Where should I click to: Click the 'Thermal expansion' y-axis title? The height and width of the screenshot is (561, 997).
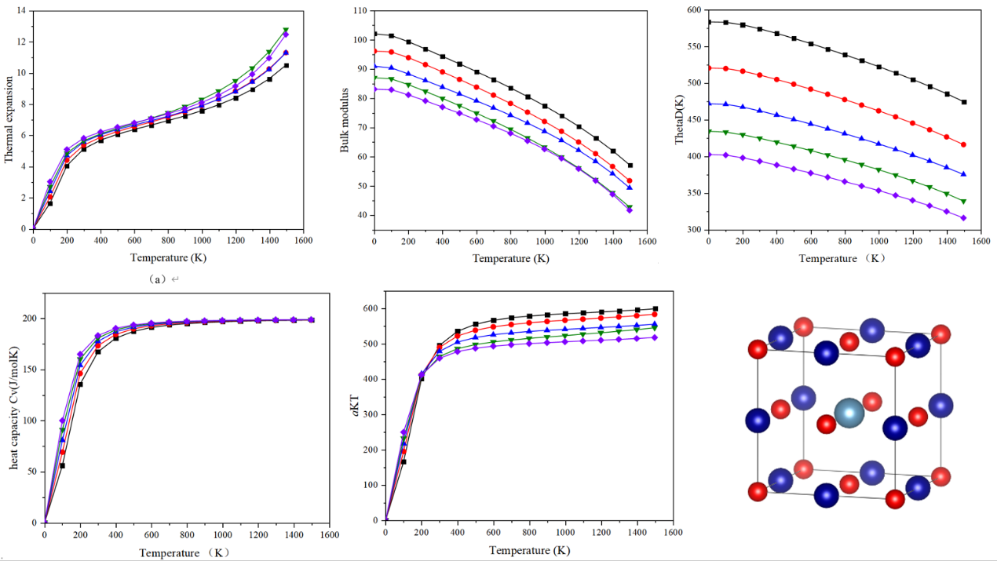click(x=9, y=119)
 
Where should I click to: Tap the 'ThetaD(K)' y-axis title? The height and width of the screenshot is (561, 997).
click(x=681, y=120)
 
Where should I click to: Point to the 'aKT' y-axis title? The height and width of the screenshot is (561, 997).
click(x=355, y=413)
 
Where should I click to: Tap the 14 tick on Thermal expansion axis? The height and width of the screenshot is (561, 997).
click(x=21, y=11)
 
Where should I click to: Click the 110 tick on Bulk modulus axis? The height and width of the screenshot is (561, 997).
click(x=360, y=10)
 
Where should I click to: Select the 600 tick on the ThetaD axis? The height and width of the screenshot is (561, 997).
click(x=692, y=10)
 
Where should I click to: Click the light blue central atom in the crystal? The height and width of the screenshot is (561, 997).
click(x=849, y=413)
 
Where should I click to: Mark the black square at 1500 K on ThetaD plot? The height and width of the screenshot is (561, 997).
click(x=963, y=102)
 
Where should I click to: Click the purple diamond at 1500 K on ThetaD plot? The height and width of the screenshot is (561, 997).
click(x=963, y=218)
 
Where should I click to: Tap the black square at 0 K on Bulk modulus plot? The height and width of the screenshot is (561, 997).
click(x=374, y=34)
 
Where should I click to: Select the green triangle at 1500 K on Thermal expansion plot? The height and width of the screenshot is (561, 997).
click(x=286, y=31)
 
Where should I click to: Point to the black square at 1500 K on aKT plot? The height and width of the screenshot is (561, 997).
click(x=655, y=309)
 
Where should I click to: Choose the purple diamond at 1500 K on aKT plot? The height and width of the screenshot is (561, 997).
click(x=655, y=337)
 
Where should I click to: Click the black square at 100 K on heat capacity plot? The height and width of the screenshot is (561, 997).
click(x=62, y=465)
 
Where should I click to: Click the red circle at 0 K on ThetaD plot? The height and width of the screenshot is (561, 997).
click(x=709, y=67)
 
